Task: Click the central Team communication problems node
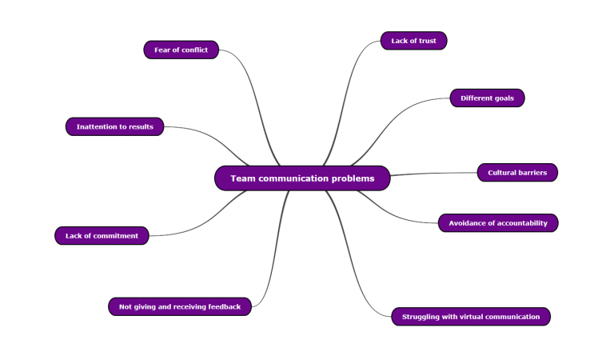tap(302, 178)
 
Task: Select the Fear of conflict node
tap(181, 50)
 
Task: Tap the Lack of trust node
tap(413, 41)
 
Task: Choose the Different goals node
tap(487, 98)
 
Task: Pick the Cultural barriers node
tap(517, 173)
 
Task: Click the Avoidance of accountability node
tap(498, 223)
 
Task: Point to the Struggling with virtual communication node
tap(471, 317)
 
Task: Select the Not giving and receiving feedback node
tap(180, 306)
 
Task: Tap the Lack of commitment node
tap(102, 236)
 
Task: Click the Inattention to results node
tap(115, 126)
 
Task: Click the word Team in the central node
tap(243, 178)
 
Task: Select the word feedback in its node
tap(223, 306)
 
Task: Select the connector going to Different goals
tap(400, 120)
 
